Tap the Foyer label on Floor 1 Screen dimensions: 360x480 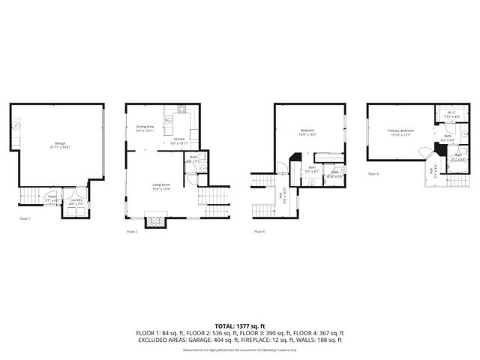(52, 199)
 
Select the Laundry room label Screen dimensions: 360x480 (76, 201)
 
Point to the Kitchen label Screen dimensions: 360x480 (179, 140)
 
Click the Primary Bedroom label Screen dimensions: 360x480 (400, 132)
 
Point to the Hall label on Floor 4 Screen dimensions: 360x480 (431, 172)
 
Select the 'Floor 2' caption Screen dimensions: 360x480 (132, 232)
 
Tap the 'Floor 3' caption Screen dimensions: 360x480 (259, 232)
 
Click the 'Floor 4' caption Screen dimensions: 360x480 (373, 173)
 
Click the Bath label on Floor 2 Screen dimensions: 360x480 (193, 159)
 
